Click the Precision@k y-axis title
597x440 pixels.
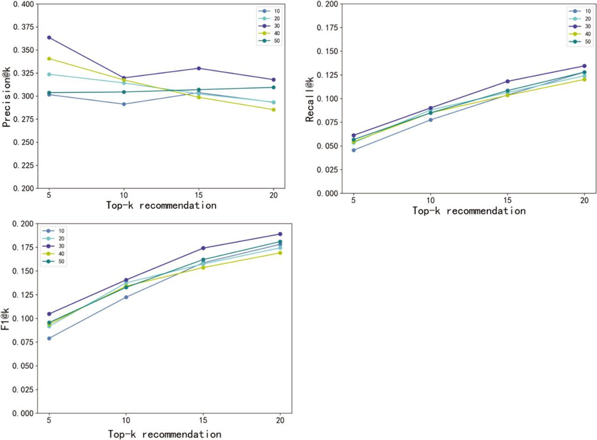pyautogui.click(x=7, y=96)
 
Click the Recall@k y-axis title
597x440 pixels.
pyautogui.click(x=310, y=98)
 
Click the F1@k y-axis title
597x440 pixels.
pyautogui.click(x=6, y=318)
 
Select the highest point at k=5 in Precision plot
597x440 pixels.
pyautogui.click(x=49, y=37)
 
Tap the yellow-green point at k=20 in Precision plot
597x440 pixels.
pyautogui.click(x=274, y=110)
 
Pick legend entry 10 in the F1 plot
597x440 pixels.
pyautogui.click(x=55, y=231)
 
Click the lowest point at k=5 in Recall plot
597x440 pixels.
pyautogui.click(x=354, y=150)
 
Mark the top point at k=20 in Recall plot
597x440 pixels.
pyautogui.click(x=584, y=66)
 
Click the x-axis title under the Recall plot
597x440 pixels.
pyautogui.click(x=469, y=211)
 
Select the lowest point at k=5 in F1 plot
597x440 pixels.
pyautogui.click(x=49, y=338)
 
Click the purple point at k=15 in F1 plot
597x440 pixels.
pyautogui.click(x=203, y=248)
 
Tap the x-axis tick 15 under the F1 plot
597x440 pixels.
pyautogui.click(x=203, y=421)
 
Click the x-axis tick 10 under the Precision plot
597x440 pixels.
pyautogui.click(x=124, y=196)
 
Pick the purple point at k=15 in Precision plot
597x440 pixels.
pyautogui.click(x=199, y=68)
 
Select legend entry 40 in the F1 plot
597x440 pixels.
pyautogui.click(x=55, y=254)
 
